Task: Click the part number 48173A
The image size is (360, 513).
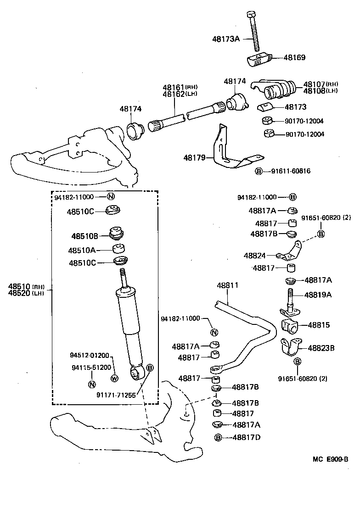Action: [x=225, y=39]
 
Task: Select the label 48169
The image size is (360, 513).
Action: [x=294, y=58]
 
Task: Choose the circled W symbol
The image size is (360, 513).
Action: [x=114, y=379]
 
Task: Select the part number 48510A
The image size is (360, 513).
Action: [x=82, y=251]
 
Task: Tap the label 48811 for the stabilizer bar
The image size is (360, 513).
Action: [x=228, y=285]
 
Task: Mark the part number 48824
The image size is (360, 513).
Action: [x=255, y=255]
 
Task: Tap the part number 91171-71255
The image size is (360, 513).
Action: [x=116, y=394]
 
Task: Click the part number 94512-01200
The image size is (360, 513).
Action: [x=90, y=356]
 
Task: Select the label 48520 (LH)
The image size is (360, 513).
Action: [x=26, y=294]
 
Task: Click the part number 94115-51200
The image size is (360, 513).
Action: [x=91, y=368]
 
